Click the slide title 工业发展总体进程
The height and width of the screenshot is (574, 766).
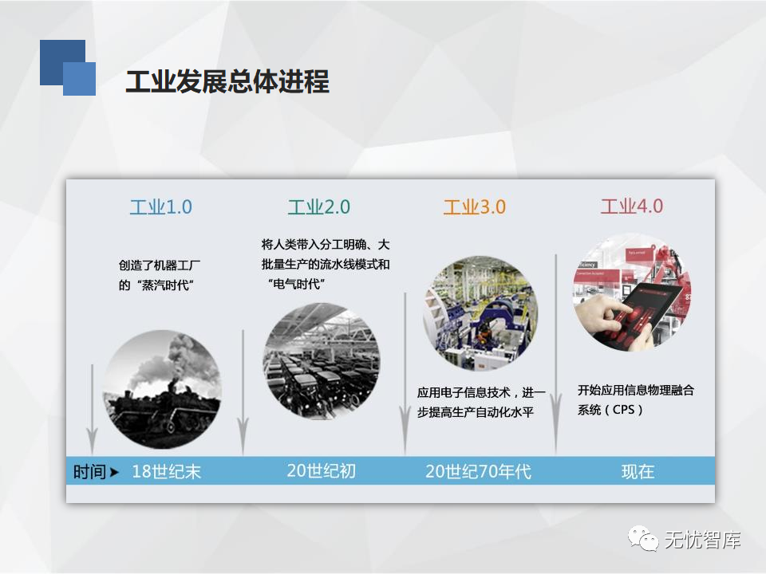pyautogui.click(x=227, y=81)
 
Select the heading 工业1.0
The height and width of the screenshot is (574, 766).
pyautogui.click(x=160, y=207)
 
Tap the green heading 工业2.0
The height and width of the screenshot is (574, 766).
pyautogui.click(x=318, y=207)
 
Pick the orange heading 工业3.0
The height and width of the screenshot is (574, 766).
pyautogui.click(x=474, y=207)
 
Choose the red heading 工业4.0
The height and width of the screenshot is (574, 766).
pyautogui.click(x=632, y=206)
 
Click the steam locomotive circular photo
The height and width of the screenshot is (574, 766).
pyautogui.click(x=162, y=389)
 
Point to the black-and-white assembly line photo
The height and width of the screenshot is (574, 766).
pyautogui.click(x=322, y=361)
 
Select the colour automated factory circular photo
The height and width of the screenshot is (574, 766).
pyautogui.click(x=480, y=313)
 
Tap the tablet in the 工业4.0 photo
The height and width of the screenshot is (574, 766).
pyautogui.click(x=645, y=311)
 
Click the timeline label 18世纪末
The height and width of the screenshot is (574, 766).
pyautogui.click(x=167, y=471)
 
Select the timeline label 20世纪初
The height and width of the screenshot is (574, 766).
pyautogui.click(x=321, y=470)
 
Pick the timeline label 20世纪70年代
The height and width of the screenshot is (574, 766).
pyautogui.click(x=478, y=471)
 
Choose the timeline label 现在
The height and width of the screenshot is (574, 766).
pyautogui.click(x=638, y=471)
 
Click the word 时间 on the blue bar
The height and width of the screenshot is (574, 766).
pyautogui.click(x=89, y=472)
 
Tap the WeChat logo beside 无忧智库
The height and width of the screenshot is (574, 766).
pyautogui.click(x=643, y=539)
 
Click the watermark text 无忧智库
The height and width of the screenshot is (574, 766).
pyautogui.click(x=702, y=540)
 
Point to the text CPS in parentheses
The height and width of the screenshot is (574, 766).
pyautogui.click(x=623, y=410)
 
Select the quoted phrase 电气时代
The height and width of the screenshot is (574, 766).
pyautogui.click(x=296, y=284)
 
